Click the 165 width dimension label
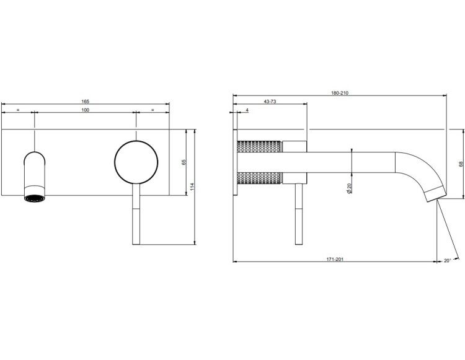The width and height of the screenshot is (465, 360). [x=86, y=102]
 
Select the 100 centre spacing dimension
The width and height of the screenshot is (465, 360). [x=86, y=110]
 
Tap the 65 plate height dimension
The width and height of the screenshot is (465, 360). [x=184, y=162]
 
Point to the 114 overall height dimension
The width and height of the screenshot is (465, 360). [x=192, y=187]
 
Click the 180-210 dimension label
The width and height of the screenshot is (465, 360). [x=340, y=93]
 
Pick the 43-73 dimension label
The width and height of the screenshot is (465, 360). [x=270, y=102]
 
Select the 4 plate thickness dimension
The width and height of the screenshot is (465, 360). [x=247, y=110]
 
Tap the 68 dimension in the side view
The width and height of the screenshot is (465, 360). [x=461, y=164]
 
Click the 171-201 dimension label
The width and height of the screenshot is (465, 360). [x=335, y=259]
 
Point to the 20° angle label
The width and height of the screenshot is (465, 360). [x=447, y=261]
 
